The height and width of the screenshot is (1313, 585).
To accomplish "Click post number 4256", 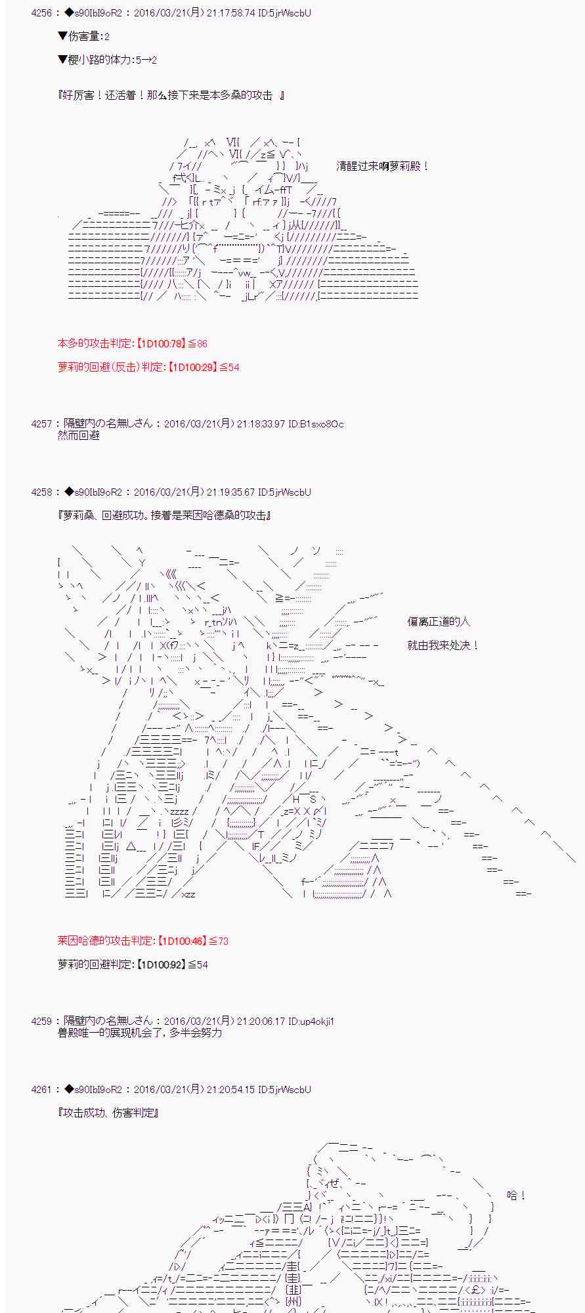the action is [x=41, y=13].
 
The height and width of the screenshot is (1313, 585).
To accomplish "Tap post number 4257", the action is [x=41, y=424].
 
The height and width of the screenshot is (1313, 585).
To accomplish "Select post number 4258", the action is [x=41, y=492].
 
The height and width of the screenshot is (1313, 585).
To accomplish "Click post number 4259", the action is [x=41, y=1022].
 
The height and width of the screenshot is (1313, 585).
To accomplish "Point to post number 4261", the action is [x=41, y=1090].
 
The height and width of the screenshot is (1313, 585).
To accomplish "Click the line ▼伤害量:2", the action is [x=83, y=37].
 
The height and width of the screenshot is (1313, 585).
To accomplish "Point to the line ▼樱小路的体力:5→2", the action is [x=107, y=60].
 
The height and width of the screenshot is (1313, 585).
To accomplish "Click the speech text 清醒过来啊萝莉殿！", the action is [x=382, y=167].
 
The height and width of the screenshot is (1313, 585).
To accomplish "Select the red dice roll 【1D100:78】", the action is [x=160, y=344].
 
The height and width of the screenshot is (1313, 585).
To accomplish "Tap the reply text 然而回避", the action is [x=78, y=436].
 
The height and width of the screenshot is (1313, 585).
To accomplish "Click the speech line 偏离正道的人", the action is [x=439, y=622].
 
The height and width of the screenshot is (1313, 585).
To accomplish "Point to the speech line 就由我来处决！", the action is [x=443, y=646].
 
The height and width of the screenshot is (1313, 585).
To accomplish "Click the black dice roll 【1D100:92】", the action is [x=160, y=965].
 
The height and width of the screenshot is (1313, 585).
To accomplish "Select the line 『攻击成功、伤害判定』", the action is [x=108, y=1113].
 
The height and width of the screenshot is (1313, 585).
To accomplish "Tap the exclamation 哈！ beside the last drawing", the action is [x=517, y=1196].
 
